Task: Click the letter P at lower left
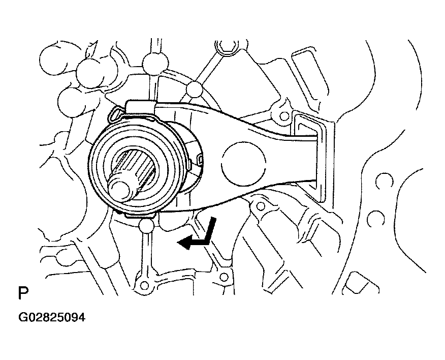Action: [x=23, y=293]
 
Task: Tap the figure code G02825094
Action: [x=52, y=317]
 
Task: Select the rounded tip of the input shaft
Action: [x=119, y=190]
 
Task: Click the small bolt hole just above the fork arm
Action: [x=282, y=116]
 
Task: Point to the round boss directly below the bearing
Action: [x=147, y=226]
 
